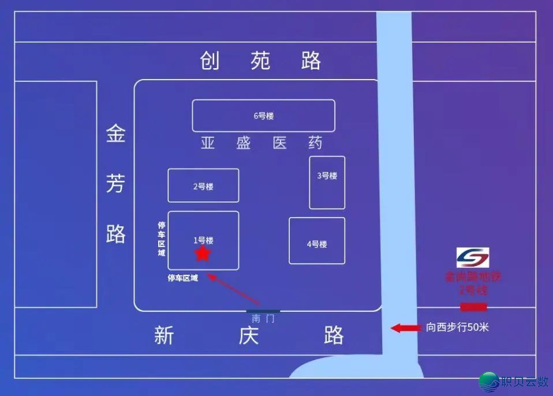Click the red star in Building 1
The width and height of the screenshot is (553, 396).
tap(203, 253)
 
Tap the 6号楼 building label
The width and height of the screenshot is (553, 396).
tap(263, 116)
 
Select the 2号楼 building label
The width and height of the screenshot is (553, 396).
tap(203, 186)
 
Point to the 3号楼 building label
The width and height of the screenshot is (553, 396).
tap(327, 175)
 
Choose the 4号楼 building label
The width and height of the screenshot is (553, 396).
tap(317, 244)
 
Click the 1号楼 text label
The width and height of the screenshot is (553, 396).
tap(203, 240)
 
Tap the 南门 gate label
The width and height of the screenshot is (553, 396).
tap(263, 319)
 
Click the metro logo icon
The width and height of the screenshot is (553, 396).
tap(473, 257)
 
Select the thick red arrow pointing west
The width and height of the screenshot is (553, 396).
tap(406, 328)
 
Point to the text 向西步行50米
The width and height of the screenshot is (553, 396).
tap(458, 327)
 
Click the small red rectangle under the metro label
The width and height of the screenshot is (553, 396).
tap(473, 307)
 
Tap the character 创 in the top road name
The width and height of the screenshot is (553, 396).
tap(210, 61)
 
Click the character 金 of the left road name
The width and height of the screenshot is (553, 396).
tap(115, 136)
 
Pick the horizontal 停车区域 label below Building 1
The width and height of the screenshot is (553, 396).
tap(183, 278)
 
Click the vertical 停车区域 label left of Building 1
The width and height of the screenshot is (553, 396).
tap(162, 239)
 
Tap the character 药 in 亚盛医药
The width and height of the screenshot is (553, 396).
tap(315, 143)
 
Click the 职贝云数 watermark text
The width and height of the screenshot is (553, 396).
tap(525, 382)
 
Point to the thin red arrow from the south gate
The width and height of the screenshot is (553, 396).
tap(234, 290)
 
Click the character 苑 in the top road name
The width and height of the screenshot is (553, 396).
tap(260, 61)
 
